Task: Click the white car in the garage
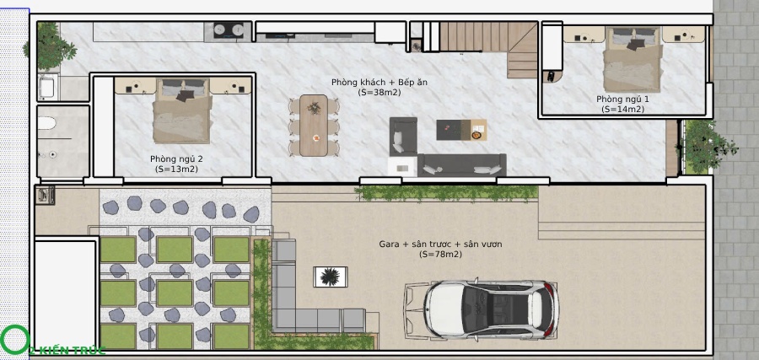[x=482, y=309]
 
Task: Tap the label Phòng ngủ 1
[x=622, y=99]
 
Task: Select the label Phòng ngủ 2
[x=176, y=159]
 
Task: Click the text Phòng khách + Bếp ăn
[x=379, y=83]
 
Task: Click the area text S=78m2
[x=440, y=254]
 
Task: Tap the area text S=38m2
[x=379, y=93]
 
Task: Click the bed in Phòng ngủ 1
[x=632, y=59]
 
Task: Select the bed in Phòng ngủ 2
[x=182, y=110]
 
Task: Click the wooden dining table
[x=314, y=126]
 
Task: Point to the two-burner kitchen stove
[x=228, y=30]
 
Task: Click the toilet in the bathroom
[x=47, y=123]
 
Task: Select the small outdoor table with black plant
[x=330, y=277]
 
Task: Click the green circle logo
[x=15, y=340]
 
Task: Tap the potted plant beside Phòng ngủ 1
[x=706, y=147]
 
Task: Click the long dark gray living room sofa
[x=462, y=164]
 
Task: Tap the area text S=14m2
[x=622, y=110]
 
